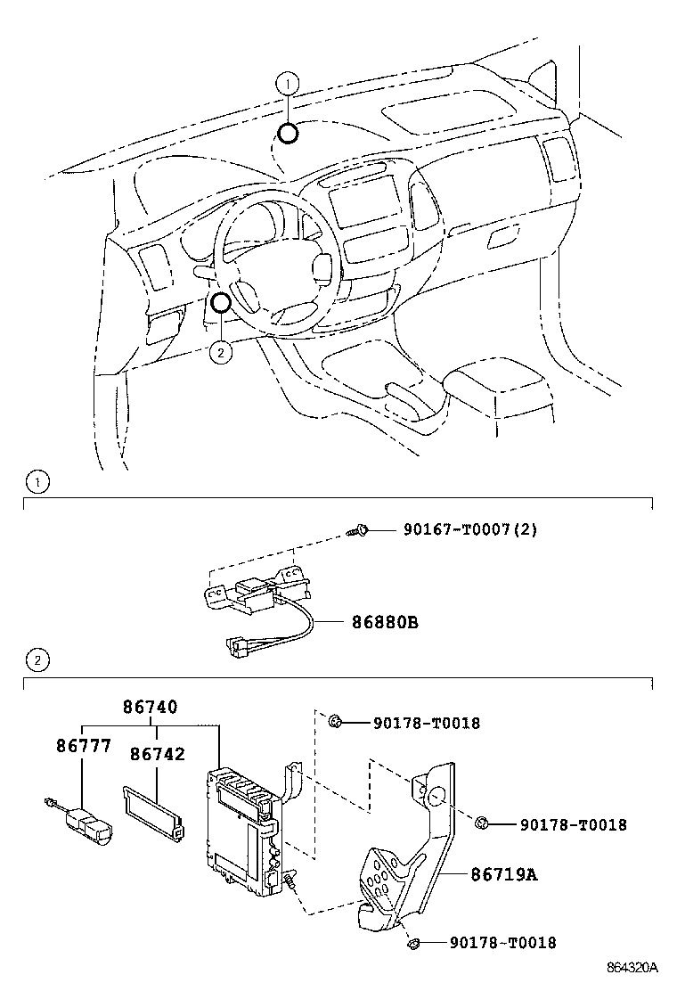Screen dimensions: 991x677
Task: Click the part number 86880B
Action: point(380,622)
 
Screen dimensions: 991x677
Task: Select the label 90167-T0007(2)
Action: point(470,529)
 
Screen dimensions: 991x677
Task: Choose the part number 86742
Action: point(157,754)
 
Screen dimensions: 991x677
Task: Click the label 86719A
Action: point(504,874)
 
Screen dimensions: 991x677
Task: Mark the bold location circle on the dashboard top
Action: point(287,134)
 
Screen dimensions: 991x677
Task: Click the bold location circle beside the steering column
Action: point(221,303)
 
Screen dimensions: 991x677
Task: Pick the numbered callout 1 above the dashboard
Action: point(286,86)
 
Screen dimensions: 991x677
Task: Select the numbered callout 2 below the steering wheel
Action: point(220,352)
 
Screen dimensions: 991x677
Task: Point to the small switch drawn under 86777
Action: point(87,822)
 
